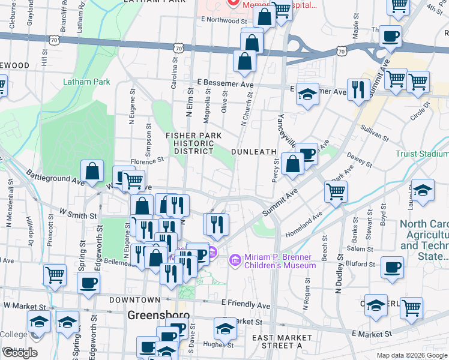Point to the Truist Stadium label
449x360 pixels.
coord(422,154)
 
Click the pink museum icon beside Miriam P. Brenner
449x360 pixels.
coord(234,260)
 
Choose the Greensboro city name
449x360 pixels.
coord(158,315)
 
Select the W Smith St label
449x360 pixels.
coord(77,214)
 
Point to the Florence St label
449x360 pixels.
coord(147,161)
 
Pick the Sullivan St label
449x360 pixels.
coord(375,133)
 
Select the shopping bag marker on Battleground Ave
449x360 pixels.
coord(93,172)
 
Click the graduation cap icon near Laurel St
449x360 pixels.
coord(423,190)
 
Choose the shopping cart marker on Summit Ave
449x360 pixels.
coord(336,192)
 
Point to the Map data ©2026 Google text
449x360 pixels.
coord(411,355)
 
